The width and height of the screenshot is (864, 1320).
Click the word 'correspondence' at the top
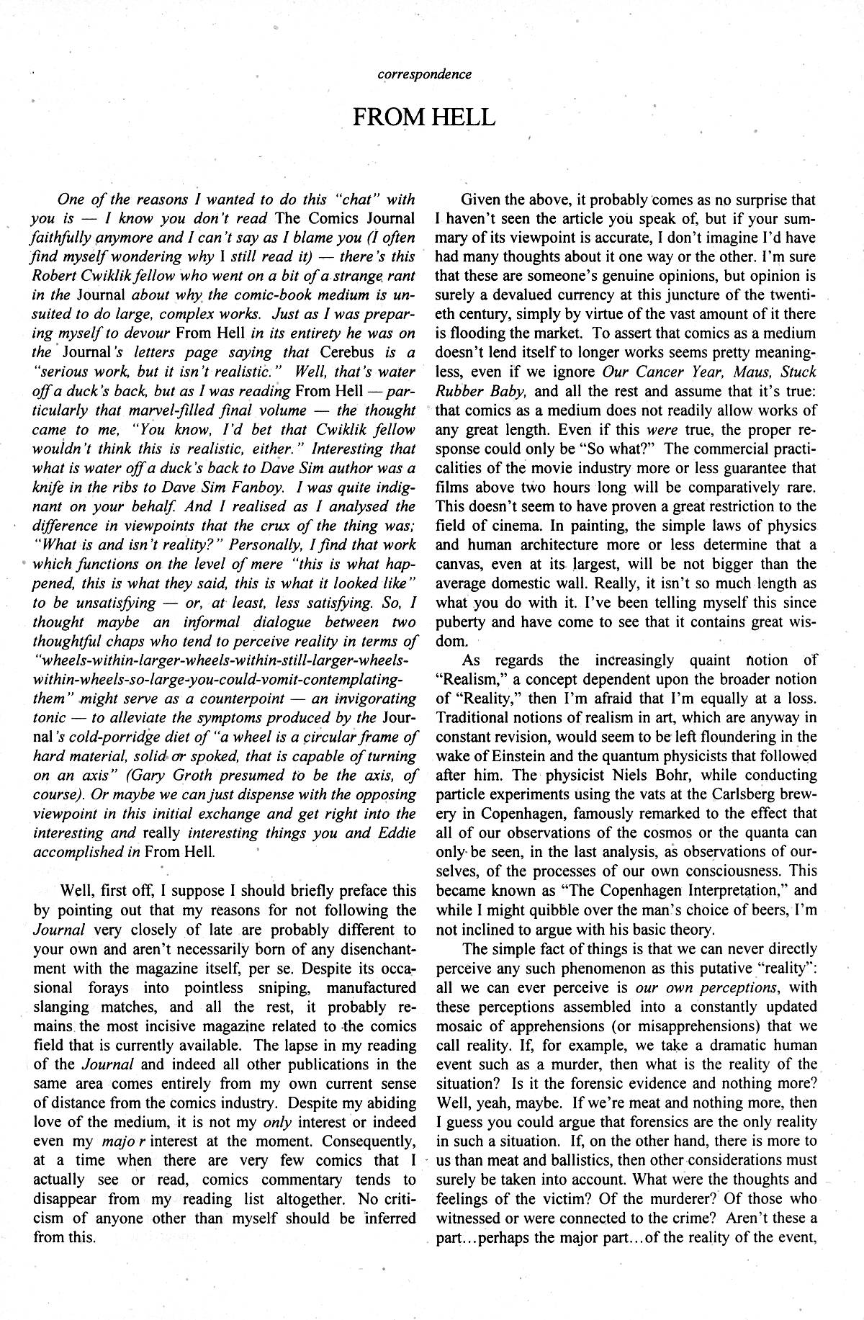pyautogui.click(x=426, y=74)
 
